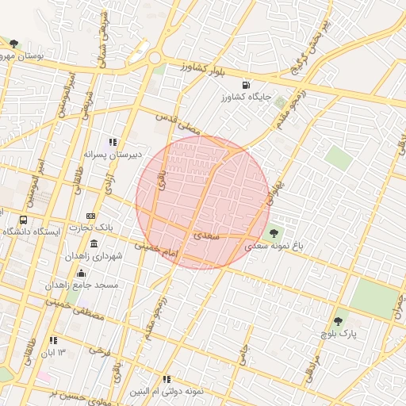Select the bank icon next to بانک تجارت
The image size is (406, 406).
[92, 216]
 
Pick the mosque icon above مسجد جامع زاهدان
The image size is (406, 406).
[81, 273]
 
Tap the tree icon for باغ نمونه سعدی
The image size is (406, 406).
[274, 233]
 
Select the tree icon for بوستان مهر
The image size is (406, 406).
[13, 44]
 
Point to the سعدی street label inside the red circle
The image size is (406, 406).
[204, 236]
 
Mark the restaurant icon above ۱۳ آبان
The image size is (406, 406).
[54, 340]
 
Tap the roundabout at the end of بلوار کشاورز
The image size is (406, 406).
[154, 57]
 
